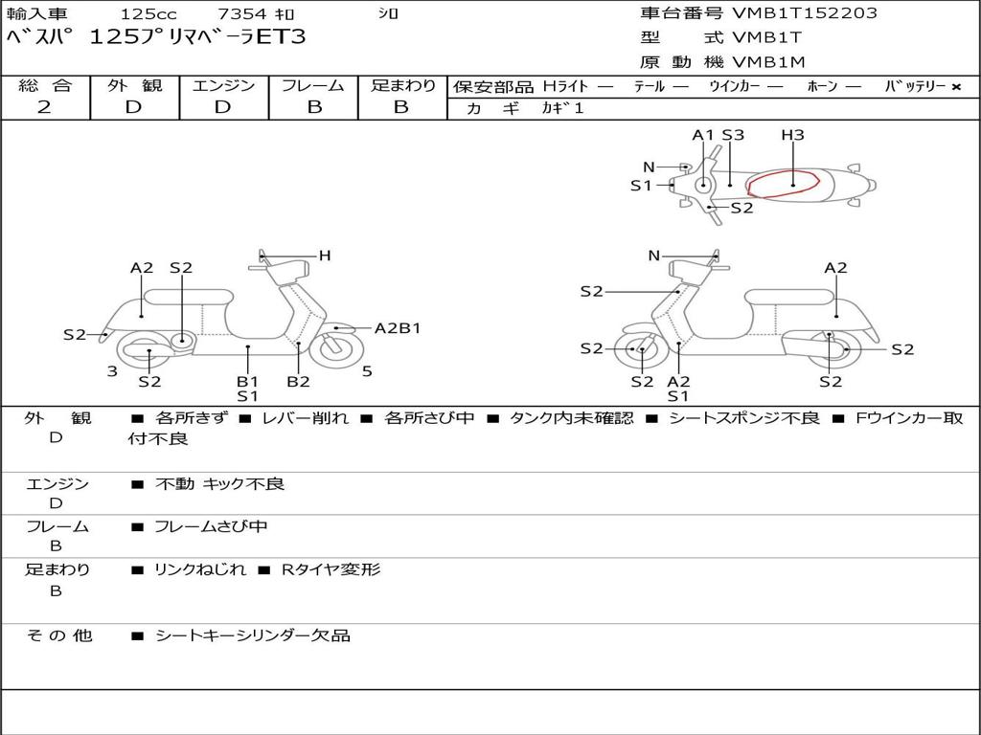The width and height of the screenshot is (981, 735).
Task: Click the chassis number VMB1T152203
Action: coord(804,13)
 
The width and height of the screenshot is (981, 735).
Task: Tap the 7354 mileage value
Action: coord(244,14)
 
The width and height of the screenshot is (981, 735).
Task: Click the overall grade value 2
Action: coord(44,107)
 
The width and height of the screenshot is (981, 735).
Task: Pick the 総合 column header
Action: coord(45,85)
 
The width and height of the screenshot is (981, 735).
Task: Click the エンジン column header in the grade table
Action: coord(224,85)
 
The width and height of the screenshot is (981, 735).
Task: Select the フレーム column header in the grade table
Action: coord(313,85)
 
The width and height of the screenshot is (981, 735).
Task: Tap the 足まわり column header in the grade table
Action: coord(403,85)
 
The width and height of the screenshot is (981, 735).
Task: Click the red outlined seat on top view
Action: coord(783,183)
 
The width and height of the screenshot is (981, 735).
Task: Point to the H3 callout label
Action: coord(792,135)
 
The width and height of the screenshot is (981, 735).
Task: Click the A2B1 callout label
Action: coord(398,328)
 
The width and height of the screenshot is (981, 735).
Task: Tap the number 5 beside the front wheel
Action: coord(367,370)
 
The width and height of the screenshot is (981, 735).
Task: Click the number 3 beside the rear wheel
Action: coord(112,370)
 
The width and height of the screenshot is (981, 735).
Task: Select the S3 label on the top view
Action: coord(733,135)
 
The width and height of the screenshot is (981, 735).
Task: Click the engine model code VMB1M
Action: coord(768,62)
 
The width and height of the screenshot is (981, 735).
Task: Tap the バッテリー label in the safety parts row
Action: coord(915,86)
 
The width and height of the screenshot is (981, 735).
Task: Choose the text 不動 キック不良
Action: coord(219,484)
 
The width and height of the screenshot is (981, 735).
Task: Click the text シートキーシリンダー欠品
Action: coord(252,635)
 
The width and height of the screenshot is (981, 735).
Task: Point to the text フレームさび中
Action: coord(211,526)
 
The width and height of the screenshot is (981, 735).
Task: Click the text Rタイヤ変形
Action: coord(331,569)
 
